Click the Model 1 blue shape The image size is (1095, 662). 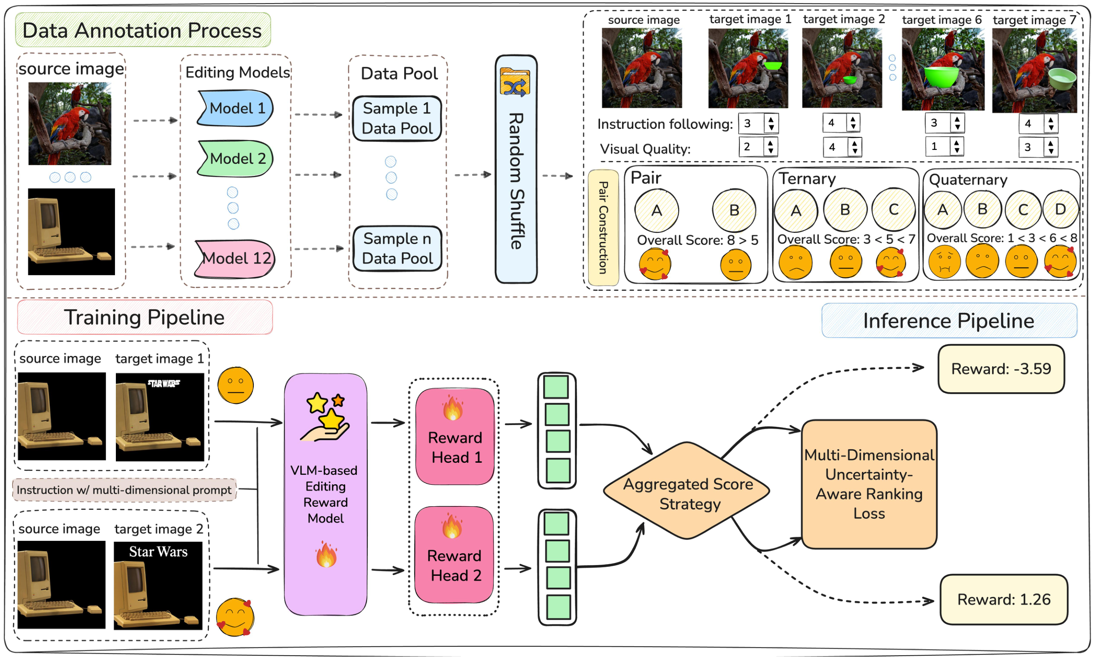tap(236, 108)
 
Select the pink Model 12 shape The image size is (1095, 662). tap(236, 259)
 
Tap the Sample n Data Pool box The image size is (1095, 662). tap(397, 249)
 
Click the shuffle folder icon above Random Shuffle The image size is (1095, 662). tap(515, 82)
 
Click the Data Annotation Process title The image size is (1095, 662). tap(142, 31)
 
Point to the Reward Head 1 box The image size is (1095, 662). tap(455, 437)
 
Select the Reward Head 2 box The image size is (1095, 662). tap(455, 555)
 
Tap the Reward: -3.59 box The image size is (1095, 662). tap(1001, 369)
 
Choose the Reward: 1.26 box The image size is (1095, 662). tap(1003, 600)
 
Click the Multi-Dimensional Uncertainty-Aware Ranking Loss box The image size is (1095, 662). tap(869, 484)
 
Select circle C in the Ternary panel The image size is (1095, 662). tap(893, 210)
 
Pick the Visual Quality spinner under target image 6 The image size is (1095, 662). tap(944, 147)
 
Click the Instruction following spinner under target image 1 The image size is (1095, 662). tap(758, 123)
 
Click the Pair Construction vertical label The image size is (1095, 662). tap(603, 228)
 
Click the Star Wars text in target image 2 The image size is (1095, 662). tap(158, 552)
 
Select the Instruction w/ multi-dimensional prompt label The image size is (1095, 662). tap(124, 490)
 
